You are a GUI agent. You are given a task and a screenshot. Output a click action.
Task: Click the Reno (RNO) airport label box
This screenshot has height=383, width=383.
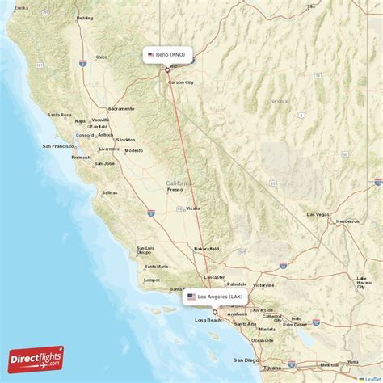click(x=167, y=55)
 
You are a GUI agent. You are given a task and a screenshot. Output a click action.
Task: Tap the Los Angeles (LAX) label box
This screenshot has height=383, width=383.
click(x=215, y=297)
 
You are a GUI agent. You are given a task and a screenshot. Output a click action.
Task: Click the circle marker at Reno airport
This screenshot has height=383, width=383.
click(x=167, y=69)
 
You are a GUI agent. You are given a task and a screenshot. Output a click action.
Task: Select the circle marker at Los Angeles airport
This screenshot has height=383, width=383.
click(x=215, y=312)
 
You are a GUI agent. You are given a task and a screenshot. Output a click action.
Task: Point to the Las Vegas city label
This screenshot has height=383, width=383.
click(x=318, y=214)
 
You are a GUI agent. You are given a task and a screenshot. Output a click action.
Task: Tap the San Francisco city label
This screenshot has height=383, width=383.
click(x=59, y=146)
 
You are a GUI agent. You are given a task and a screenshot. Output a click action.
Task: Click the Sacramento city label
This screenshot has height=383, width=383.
click(x=121, y=108)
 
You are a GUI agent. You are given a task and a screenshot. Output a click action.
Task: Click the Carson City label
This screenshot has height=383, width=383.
click(x=180, y=82)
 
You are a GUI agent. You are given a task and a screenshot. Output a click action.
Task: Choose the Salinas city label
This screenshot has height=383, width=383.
click(x=109, y=193)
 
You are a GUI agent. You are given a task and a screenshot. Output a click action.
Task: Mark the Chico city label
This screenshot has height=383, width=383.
click(x=101, y=57)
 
